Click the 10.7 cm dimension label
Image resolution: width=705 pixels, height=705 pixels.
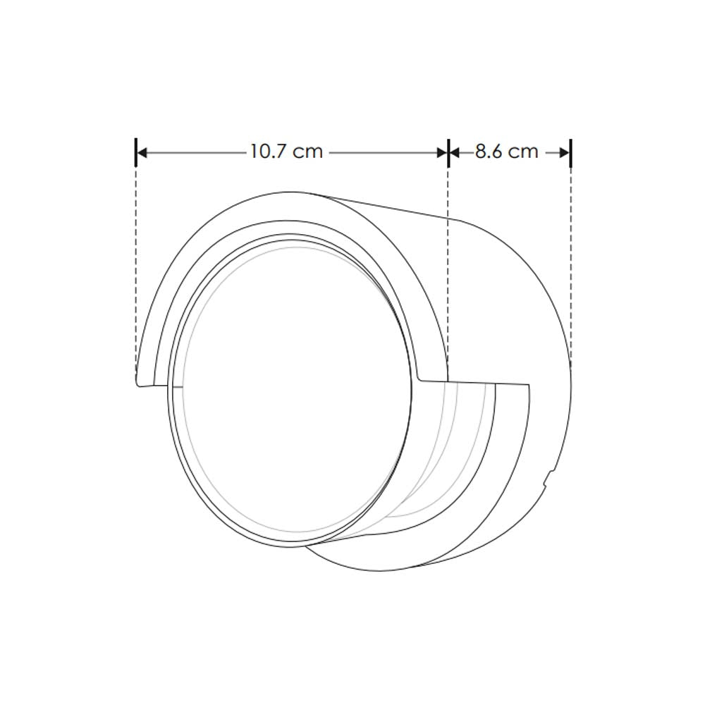[286, 152]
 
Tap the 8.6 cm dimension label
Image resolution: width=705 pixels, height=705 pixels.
[506, 152]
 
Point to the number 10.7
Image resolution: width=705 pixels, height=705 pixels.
[267, 152]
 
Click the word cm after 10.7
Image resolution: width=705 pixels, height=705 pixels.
[308, 152]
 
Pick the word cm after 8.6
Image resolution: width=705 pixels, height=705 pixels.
[524, 152]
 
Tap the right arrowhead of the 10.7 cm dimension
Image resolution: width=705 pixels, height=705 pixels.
[442, 152]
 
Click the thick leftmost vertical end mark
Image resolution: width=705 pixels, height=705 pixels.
[135, 152]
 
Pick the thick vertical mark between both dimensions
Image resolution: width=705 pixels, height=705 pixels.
[448, 152]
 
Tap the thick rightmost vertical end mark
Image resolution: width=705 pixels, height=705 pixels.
[570, 152]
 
